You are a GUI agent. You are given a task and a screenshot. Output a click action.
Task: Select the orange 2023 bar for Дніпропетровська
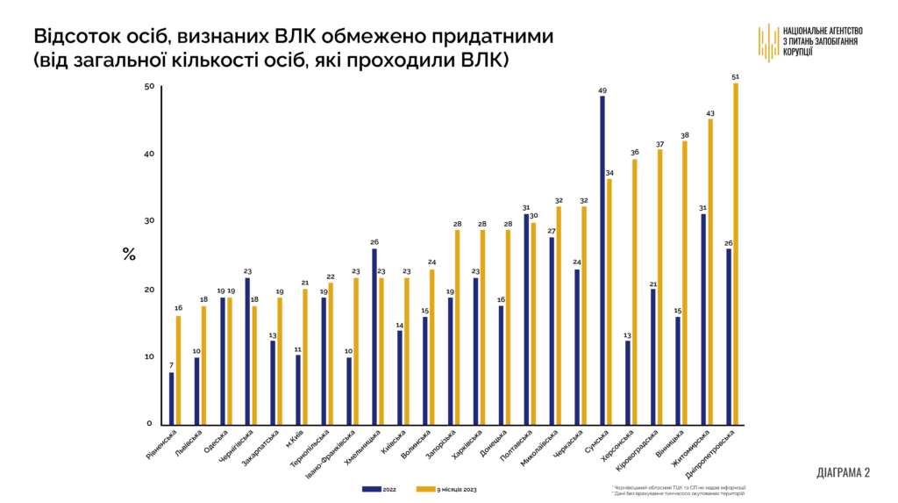click(735, 255)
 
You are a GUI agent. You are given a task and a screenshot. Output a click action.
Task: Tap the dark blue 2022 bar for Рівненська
click(172, 399)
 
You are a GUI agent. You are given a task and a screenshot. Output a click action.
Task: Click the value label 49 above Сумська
click(602, 90)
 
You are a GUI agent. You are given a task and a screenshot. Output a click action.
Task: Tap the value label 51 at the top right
click(735, 77)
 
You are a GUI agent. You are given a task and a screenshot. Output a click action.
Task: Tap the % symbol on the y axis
click(129, 255)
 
